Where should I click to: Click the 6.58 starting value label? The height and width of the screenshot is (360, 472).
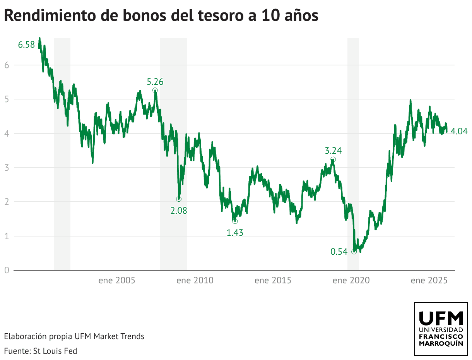tap(26, 45)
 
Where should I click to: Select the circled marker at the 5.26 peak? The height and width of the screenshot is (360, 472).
tap(155, 90)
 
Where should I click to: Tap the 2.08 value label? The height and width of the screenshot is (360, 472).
tap(179, 211)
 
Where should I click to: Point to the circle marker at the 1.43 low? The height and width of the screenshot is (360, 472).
tap(235, 221)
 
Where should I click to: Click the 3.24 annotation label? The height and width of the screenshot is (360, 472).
tap(333, 151)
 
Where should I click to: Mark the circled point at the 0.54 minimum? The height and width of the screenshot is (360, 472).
tap(354, 252)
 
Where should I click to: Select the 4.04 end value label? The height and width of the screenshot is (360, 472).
tap(459, 132)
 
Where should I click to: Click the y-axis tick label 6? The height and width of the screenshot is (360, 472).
tap(7, 65)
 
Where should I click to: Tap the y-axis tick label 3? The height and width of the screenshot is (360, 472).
tap(7, 168)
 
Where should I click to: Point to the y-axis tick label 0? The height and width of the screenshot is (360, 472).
tap(7, 270)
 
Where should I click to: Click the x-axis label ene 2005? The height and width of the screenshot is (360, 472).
tap(117, 281)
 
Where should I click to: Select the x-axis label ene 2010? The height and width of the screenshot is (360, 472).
tap(195, 281)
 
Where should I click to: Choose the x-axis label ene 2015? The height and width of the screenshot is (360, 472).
tap(273, 281)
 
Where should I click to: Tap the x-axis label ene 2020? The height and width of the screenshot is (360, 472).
tap(351, 281)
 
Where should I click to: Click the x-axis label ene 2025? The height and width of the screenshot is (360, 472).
tap(429, 281)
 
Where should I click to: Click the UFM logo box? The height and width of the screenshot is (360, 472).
tap(441, 329)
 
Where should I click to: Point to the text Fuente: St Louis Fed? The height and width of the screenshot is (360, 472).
tap(41, 351)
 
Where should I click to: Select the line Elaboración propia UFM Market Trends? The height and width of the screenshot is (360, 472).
tap(74, 336)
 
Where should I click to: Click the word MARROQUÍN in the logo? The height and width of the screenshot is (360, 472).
tap(441, 344)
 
